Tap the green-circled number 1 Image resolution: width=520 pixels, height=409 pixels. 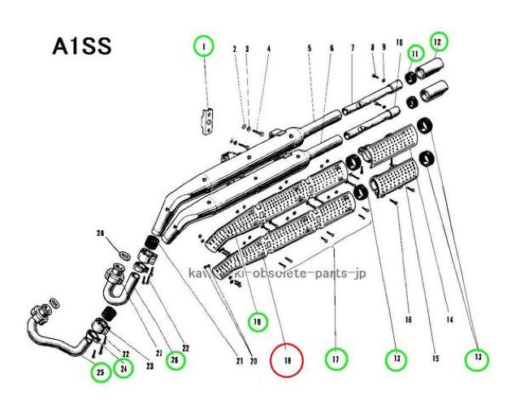(203, 47)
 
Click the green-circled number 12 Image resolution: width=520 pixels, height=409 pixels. (438, 40)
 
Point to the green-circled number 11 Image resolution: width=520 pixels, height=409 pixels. (415, 54)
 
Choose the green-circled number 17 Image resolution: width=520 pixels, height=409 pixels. (334, 357)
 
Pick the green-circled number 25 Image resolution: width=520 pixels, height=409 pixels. (100, 372)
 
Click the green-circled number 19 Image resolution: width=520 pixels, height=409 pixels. (258, 322)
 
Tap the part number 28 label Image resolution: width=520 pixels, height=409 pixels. (100, 234)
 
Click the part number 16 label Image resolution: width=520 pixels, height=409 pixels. (408, 320)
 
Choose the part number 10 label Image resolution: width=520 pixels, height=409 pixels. (399, 41)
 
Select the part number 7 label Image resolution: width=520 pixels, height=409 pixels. (353, 50)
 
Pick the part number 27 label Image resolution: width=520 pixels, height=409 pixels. (159, 355)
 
